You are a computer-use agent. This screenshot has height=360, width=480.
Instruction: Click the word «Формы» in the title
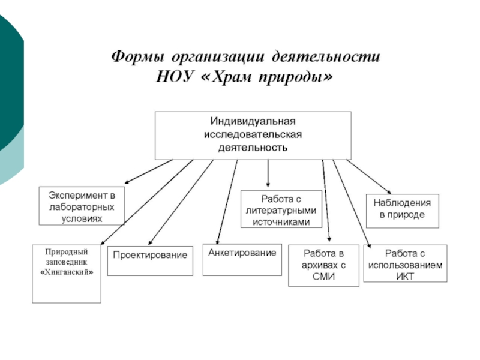[137, 57]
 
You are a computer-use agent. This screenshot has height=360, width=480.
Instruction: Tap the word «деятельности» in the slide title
[326, 57]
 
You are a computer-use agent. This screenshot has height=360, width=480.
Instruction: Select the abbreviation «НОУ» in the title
[175, 77]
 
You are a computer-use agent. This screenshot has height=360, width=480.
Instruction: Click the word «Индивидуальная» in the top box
[253, 121]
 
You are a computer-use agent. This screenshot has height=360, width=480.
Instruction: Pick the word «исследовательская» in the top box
[253, 134]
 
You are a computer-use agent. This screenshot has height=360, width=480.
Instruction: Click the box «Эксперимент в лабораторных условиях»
[82, 206]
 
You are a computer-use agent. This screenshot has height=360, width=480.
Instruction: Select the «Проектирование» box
[150, 261]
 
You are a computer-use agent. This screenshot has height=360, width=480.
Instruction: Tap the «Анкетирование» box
[242, 260]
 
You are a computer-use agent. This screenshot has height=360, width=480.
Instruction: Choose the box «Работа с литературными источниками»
[281, 209]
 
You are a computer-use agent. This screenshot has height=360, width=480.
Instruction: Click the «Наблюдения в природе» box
[402, 211]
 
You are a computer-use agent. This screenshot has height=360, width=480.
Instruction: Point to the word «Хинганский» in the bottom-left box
[67, 272]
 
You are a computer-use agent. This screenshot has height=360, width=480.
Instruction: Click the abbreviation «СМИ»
[323, 277]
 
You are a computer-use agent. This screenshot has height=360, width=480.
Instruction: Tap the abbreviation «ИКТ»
[405, 277]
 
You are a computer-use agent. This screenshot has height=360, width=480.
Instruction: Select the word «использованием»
[406, 265]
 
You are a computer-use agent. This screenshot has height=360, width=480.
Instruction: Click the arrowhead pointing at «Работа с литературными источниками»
[268, 184]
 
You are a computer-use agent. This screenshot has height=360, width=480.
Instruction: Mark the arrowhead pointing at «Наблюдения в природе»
[389, 191]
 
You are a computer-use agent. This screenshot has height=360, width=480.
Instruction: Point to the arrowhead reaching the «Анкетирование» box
[218, 242]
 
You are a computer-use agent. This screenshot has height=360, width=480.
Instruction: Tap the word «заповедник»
[67, 262]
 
